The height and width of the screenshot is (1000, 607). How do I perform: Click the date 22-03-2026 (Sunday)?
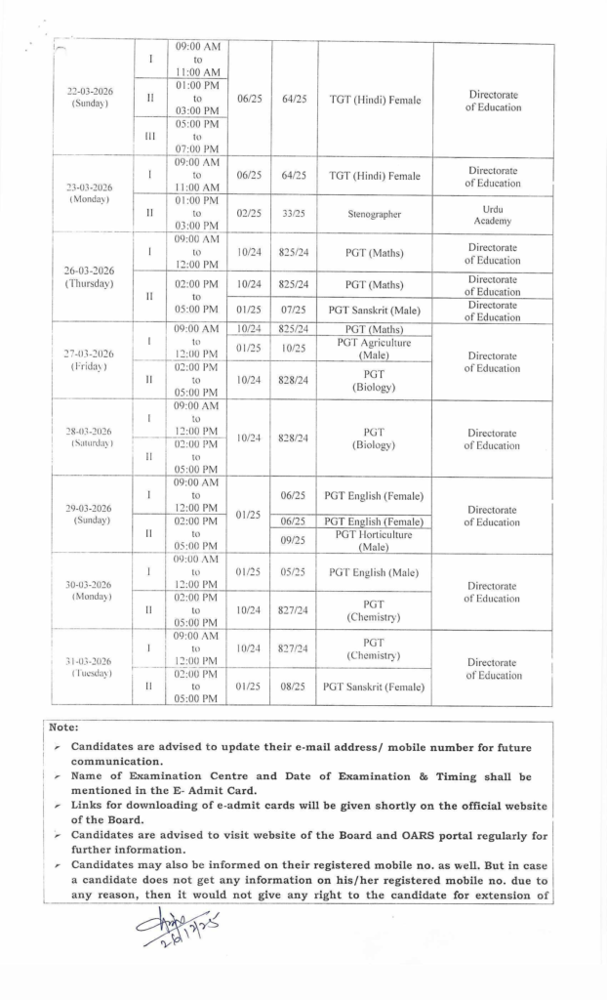[90, 98]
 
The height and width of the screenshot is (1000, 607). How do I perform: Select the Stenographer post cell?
[375, 213]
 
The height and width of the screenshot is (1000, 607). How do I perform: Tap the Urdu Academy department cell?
[493, 214]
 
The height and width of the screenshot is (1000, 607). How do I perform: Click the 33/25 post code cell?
[295, 213]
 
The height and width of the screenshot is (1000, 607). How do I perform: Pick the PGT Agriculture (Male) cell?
[375, 349]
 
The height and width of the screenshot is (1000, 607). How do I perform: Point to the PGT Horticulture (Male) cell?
[375, 540]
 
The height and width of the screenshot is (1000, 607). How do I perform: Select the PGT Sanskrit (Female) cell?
[375, 687]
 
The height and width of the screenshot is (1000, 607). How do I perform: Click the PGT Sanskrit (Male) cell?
[375, 311]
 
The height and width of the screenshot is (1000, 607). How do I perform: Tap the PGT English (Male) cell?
[375, 572]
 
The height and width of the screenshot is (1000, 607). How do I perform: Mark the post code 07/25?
[295, 311]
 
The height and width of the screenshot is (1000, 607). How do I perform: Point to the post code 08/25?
[295, 687]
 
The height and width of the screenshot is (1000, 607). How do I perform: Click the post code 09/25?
[295, 540]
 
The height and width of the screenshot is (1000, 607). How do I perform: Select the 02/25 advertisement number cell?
[248, 213]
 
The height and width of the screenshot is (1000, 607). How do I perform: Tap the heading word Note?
[65, 728]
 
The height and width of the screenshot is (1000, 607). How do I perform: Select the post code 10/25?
[295, 349]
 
